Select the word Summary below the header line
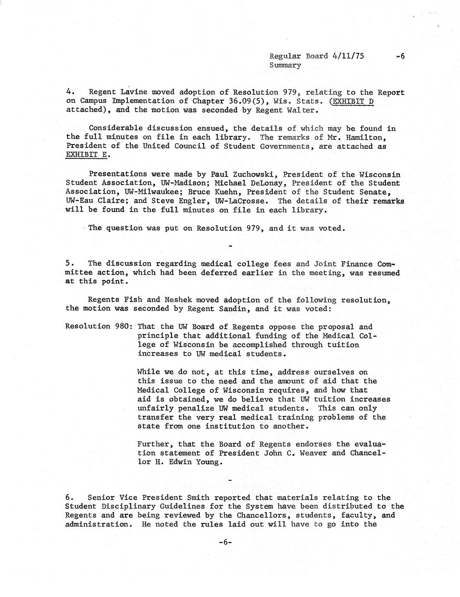coord(285,65)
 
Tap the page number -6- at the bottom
coord(226,542)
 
